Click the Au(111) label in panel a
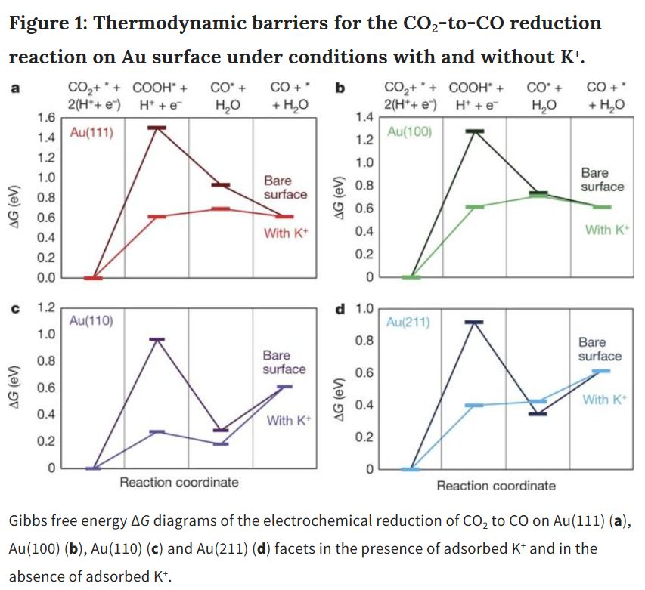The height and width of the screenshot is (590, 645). pyautogui.click(x=91, y=132)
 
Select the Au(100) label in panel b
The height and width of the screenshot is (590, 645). pyautogui.click(x=409, y=132)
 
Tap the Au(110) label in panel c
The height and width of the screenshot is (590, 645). pyautogui.click(x=91, y=320)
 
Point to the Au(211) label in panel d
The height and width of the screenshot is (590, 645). pyautogui.click(x=408, y=323)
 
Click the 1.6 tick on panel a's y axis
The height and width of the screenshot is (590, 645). pyautogui.click(x=47, y=118)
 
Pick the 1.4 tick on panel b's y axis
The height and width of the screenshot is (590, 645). pyautogui.click(x=364, y=116)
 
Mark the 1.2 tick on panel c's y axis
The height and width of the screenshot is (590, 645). pyautogui.click(x=47, y=307)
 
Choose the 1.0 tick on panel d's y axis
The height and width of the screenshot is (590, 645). pyautogui.click(x=364, y=309)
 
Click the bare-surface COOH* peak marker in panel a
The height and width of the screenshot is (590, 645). pyautogui.click(x=157, y=128)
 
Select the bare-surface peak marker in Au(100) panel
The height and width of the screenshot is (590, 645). pyautogui.click(x=474, y=131)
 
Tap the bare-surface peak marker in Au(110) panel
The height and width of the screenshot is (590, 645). pyautogui.click(x=157, y=339)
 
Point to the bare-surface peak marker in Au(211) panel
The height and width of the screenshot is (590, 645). pyautogui.click(x=474, y=322)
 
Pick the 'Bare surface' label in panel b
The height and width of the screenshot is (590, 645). pyautogui.click(x=602, y=180)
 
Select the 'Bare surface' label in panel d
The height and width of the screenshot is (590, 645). pyautogui.click(x=600, y=349)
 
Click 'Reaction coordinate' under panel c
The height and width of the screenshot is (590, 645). pyautogui.click(x=179, y=482)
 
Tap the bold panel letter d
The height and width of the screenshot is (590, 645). pyautogui.click(x=340, y=309)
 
